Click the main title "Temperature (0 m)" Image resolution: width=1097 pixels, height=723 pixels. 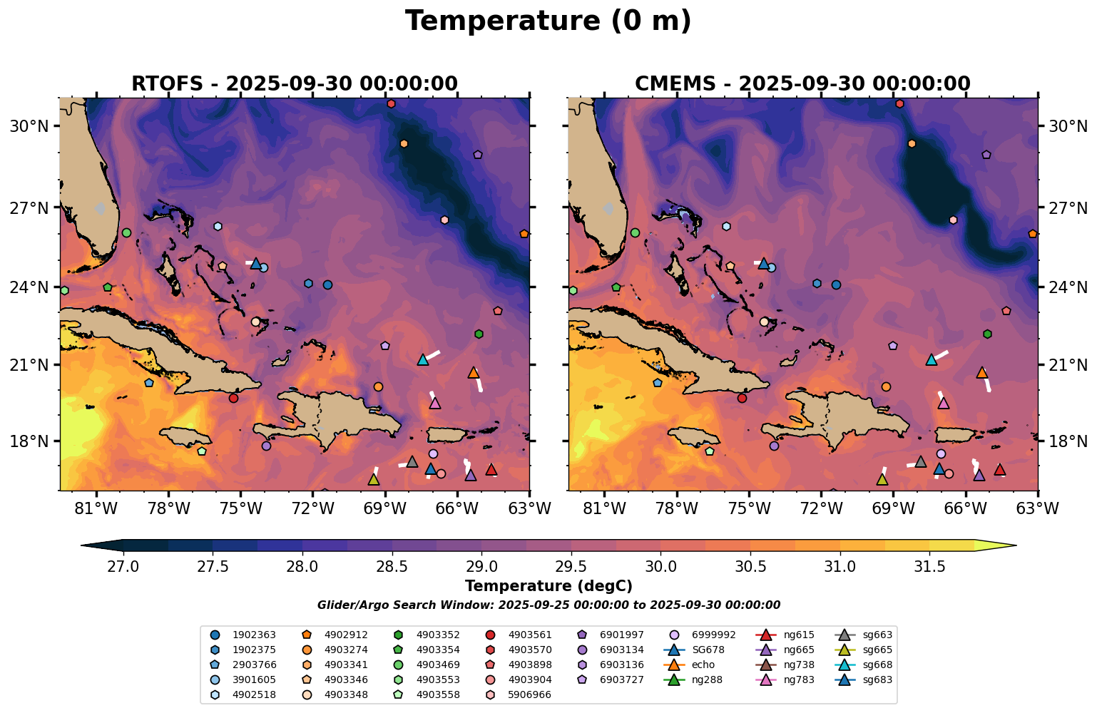click(548, 21)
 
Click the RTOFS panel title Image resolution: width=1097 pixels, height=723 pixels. click(294, 83)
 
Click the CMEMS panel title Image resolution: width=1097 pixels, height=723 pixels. click(802, 83)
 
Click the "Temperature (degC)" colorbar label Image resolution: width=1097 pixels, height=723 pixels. click(548, 586)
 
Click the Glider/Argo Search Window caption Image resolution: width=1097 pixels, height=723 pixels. click(548, 605)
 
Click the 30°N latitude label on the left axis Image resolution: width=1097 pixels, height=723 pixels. click(29, 126)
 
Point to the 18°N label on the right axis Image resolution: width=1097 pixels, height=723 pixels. click(1068, 441)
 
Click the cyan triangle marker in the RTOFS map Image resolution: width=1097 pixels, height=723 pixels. click(422, 359)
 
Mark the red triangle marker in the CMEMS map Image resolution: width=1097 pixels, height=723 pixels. click(1000, 470)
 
